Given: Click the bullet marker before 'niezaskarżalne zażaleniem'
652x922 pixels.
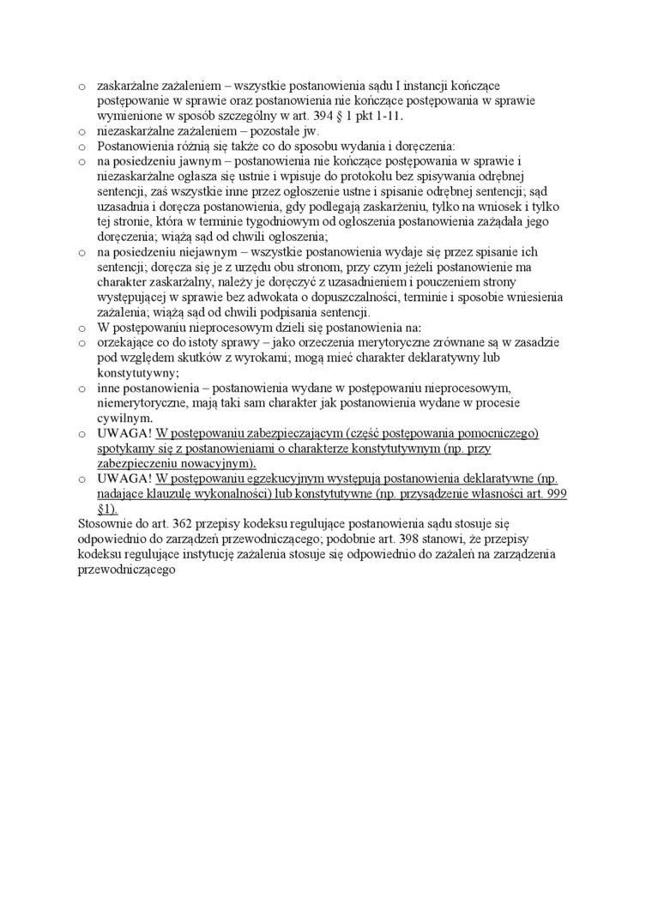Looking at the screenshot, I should [x=81, y=131].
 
